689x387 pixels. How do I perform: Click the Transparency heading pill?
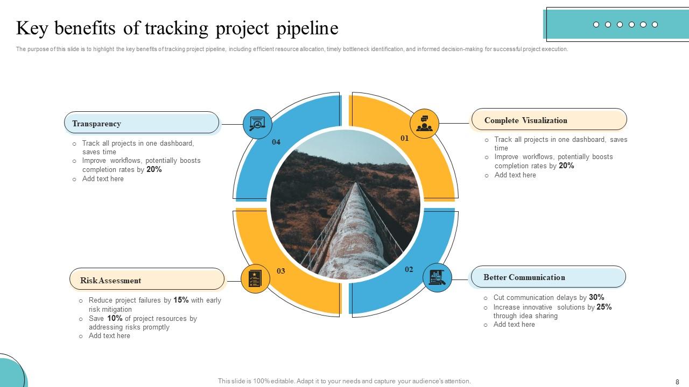(x=142, y=123)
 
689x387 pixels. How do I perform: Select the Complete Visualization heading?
(x=549, y=120)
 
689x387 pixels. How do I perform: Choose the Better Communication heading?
(x=547, y=277)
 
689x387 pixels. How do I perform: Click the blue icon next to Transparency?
(x=257, y=124)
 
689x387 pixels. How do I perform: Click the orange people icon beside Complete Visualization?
(x=424, y=124)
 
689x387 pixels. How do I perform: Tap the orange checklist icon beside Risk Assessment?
(x=255, y=279)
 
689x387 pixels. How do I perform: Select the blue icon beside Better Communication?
(x=437, y=278)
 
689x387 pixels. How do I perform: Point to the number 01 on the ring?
(x=405, y=138)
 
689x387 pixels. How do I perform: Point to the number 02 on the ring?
(x=409, y=269)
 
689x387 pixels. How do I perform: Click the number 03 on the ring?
(x=281, y=271)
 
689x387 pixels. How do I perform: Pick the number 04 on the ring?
(x=276, y=142)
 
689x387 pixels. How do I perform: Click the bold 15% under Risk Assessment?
(x=181, y=300)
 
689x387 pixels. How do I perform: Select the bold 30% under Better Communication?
(x=596, y=297)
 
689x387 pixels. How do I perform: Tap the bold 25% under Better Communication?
(x=604, y=307)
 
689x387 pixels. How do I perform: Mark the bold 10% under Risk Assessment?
(x=115, y=318)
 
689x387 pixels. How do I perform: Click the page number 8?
(x=677, y=381)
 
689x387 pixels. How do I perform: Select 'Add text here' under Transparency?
(x=103, y=179)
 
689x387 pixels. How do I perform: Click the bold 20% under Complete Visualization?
(x=566, y=166)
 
